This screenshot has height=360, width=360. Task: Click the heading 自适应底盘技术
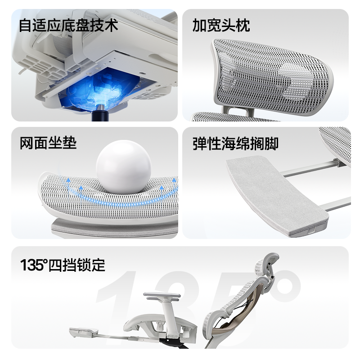click(68, 25)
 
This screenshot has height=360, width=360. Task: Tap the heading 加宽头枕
click(221, 25)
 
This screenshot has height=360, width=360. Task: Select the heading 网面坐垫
click(48, 143)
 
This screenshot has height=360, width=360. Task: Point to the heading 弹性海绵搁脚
click(235, 144)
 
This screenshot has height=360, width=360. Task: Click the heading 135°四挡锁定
click(63, 265)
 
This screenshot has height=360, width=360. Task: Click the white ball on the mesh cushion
click(123, 166)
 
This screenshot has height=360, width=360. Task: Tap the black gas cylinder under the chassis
click(100, 115)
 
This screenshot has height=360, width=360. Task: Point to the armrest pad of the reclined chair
click(162, 295)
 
